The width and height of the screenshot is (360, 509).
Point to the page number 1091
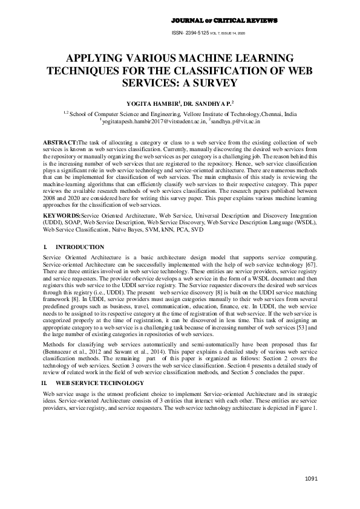tap(311, 479)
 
